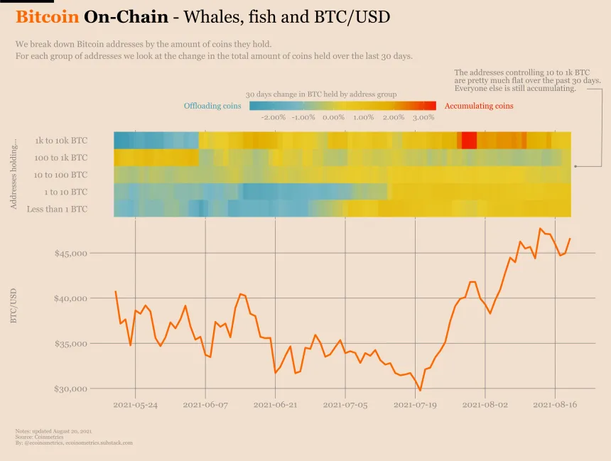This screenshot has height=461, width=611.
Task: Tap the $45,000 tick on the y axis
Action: point(70,253)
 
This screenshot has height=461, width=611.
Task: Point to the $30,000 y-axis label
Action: point(70,389)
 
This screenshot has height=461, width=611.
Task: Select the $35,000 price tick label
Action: point(70,344)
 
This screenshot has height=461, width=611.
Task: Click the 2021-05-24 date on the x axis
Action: point(135,405)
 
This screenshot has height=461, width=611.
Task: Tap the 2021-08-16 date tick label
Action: point(555,405)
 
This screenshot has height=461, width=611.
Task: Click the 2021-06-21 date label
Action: point(275,405)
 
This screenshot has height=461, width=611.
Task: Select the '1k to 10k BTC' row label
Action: point(61,141)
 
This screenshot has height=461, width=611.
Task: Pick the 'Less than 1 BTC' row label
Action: point(57,209)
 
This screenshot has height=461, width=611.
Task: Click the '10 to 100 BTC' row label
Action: point(60,175)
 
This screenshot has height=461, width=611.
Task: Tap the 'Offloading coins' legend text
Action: point(212,107)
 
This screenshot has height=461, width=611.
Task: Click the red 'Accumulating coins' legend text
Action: point(478,107)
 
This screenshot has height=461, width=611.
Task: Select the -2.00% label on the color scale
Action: point(274,117)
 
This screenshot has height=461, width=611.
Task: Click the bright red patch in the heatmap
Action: point(469,140)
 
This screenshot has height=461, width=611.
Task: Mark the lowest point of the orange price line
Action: point(421,390)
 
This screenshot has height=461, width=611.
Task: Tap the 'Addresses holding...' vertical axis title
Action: point(13,174)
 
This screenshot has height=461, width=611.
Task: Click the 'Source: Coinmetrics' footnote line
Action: point(39,437)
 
